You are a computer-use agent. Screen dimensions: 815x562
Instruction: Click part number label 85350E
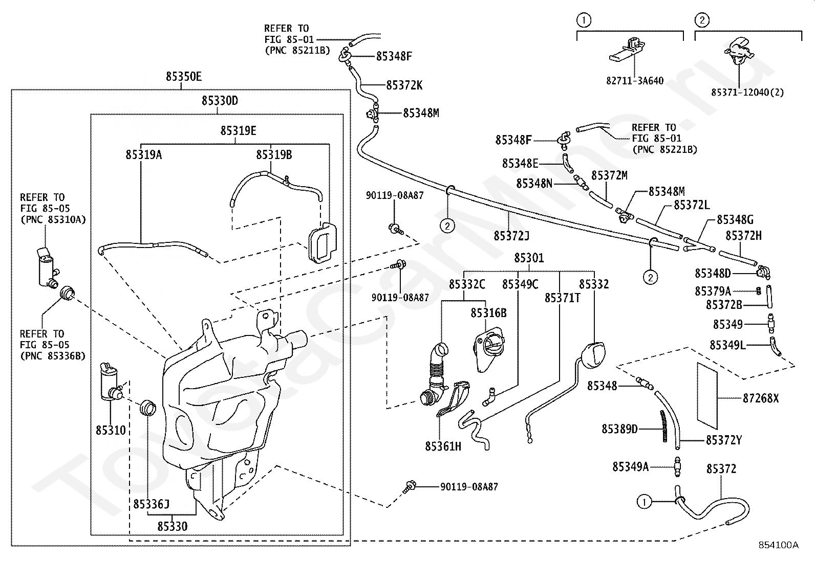(184, 77)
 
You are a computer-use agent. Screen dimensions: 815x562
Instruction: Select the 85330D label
(220, 101)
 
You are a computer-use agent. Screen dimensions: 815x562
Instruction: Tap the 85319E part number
(239, 131)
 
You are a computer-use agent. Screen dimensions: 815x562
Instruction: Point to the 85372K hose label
(404, 85)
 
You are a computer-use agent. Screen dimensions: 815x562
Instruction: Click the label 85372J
(511, 236)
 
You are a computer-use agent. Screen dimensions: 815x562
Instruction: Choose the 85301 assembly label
(529, 258)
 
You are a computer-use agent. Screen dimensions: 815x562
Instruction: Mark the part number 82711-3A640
(635, 81)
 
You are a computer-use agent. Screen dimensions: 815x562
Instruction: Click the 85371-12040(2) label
(747, 93)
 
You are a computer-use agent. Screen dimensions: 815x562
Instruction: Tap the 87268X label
(761, 398)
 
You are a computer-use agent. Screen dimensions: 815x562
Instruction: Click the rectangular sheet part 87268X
(707, 396)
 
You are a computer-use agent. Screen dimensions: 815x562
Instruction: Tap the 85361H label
(443, 446)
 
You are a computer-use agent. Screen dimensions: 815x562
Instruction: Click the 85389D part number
(619, 430)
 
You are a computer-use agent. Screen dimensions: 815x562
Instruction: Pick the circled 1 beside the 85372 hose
(645, 502)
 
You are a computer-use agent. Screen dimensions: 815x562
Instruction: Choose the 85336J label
(152, 504)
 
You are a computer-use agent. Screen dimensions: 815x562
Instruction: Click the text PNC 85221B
(665, 149)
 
